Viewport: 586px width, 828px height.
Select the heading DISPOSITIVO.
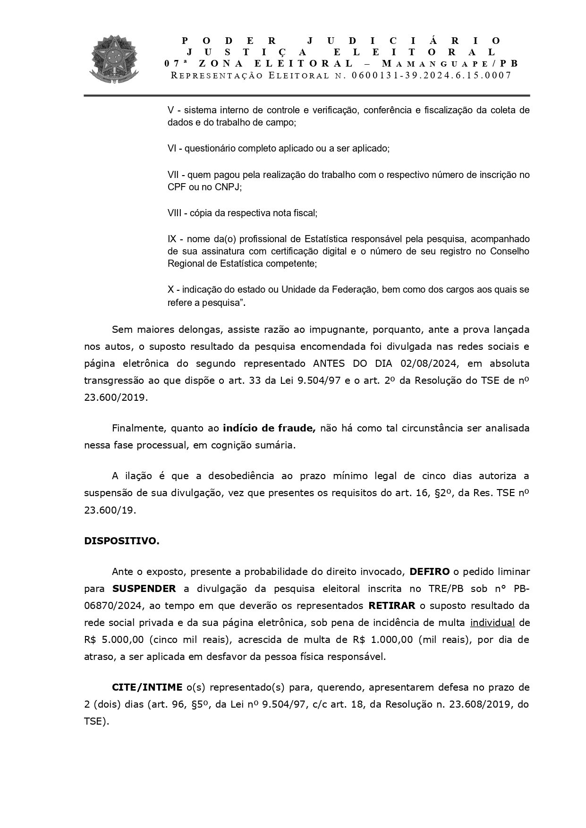[121, 541]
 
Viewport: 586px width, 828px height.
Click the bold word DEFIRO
[429, 572]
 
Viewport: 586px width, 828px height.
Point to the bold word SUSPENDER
[144, 589]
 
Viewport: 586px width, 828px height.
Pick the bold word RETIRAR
[392, 606]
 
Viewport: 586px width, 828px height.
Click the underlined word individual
[492, 623]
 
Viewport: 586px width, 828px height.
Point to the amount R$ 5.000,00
[111, 640]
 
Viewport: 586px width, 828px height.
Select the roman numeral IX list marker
[172, 238]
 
